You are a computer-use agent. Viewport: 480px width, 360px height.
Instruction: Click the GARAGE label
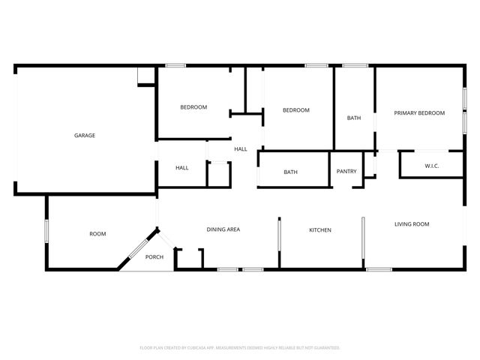(84, 136)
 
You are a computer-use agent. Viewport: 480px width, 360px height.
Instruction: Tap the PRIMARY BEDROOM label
(419, 113)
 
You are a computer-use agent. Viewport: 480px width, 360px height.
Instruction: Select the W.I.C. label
(431, 166)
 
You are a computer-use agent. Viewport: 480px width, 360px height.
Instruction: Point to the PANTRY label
(346, 172)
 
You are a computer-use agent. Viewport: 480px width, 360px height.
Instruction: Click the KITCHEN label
(320, 230)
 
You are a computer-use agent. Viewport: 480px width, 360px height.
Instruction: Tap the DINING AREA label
(223, 229)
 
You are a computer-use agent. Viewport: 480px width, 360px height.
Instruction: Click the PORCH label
(154, 257)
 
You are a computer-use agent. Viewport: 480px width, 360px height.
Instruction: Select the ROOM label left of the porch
(97, 234)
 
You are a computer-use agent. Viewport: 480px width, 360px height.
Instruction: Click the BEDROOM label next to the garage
(193, 107)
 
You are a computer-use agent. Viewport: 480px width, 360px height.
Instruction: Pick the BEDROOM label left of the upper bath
(295, 110)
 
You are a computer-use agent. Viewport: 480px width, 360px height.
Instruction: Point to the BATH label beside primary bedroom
(354, 118)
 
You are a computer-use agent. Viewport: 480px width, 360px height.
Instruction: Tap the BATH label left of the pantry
(290, 172)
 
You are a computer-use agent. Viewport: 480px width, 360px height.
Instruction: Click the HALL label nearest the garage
(181, 168)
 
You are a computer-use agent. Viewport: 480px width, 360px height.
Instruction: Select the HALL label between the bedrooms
(240, 149)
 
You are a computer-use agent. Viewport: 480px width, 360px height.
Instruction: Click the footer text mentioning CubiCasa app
(240, 348)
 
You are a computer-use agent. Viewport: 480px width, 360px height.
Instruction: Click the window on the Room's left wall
(46, 230)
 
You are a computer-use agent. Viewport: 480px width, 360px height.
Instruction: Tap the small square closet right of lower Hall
(218, 172)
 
